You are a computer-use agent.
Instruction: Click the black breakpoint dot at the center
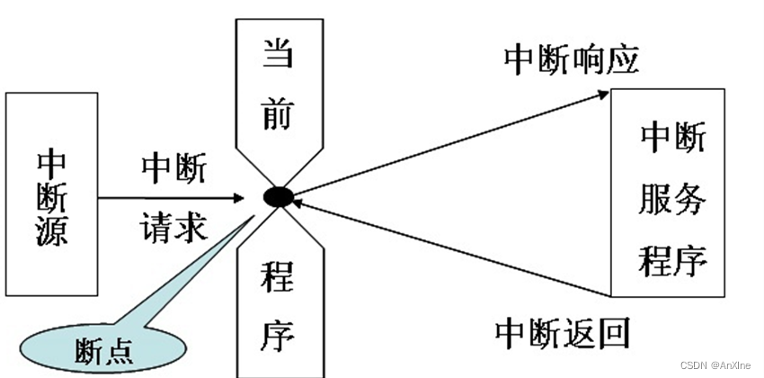point(277,196)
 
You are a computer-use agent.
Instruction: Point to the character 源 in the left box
point(51,235)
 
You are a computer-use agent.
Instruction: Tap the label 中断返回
point(563,332)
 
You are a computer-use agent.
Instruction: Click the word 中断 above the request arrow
point(173,169)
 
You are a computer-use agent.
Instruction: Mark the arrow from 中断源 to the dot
point(171,196)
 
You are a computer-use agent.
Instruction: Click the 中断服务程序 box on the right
point(668,193)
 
